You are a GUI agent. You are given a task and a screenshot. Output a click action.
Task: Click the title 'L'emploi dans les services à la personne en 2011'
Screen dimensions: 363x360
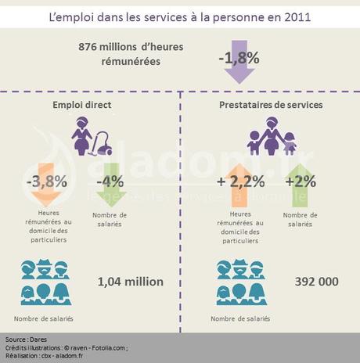click(179, 16)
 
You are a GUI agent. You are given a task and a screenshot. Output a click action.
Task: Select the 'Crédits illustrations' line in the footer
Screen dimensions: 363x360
click(67, 347)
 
